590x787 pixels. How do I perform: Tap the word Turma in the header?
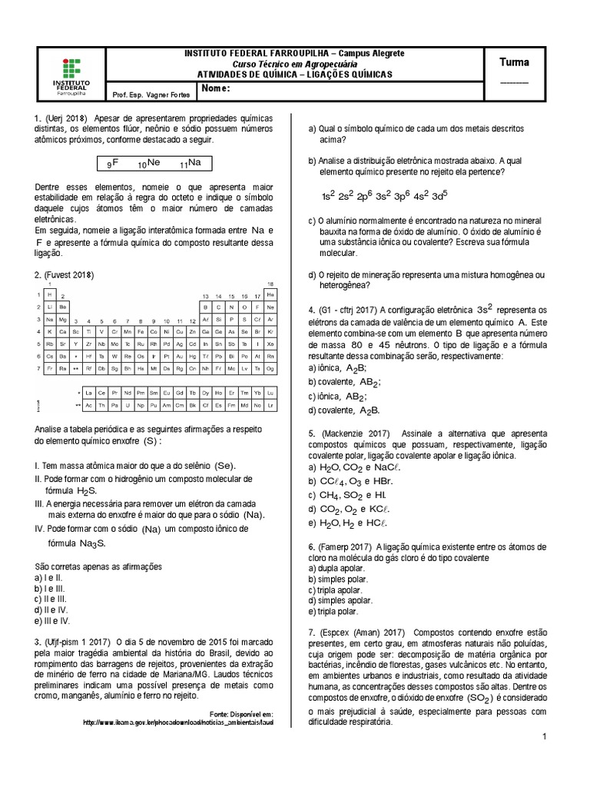514,62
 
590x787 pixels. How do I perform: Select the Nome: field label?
216,89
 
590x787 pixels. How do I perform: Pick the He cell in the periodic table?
270,294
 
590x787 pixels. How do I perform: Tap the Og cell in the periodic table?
270,369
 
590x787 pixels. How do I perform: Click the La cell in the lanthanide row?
89,391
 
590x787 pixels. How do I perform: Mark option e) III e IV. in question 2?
52,620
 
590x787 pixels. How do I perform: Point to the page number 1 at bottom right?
543,737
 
